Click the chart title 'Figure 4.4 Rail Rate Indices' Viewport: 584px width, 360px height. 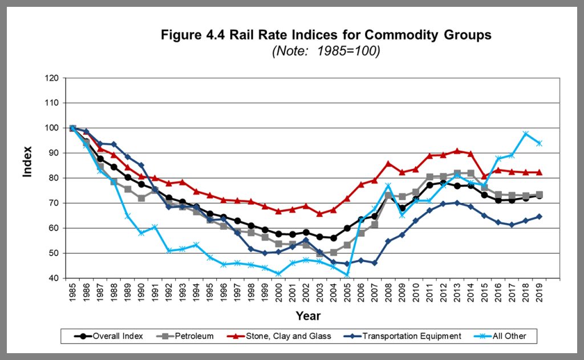(326, 35)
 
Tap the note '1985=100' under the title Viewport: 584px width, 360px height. (326, 51)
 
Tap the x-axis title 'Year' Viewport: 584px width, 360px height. (308, 315)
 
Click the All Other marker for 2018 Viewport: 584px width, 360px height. (525, 134)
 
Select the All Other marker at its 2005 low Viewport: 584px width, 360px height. (347, 276)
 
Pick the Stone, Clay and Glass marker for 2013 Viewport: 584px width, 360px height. (457, 151)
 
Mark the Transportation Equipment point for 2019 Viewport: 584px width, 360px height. (539, 217)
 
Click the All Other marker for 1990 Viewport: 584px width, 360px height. (141, 233)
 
